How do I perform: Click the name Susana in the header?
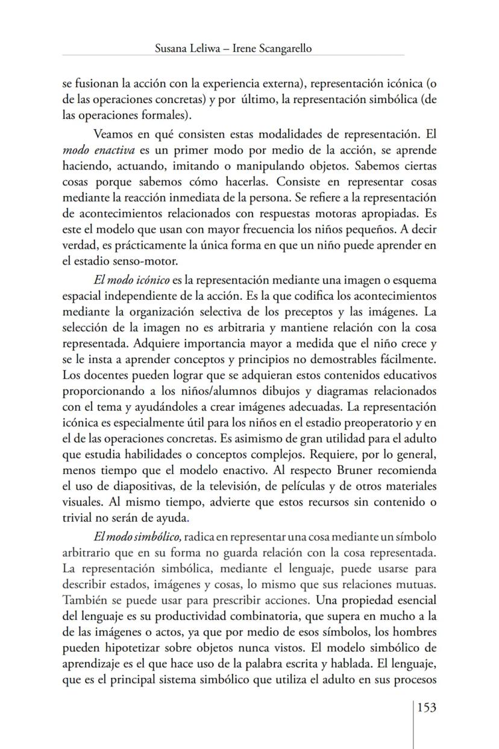click(173, 49)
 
